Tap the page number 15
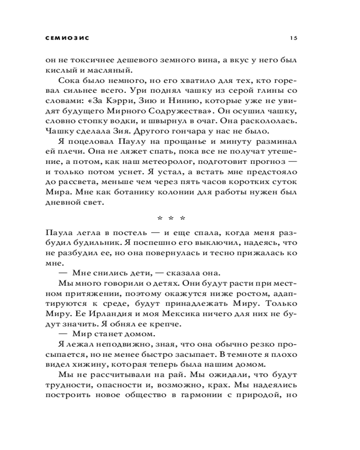pos(293,38)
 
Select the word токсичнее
pos(92,60)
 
